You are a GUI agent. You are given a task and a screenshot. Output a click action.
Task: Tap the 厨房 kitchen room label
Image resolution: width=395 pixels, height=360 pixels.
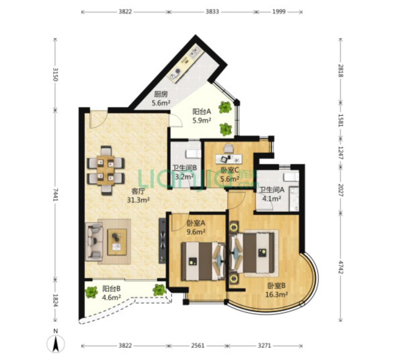click(161, 94)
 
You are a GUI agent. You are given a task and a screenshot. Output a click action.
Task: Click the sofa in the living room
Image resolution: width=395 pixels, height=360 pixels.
click(94, 242)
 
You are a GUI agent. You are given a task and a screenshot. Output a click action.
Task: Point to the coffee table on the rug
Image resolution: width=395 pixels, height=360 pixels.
click(117, 242)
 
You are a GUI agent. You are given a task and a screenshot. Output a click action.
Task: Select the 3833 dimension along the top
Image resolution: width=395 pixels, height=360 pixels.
click(212, 12)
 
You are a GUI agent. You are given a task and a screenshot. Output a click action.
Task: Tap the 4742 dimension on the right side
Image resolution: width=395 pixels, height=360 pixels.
click(341, 268)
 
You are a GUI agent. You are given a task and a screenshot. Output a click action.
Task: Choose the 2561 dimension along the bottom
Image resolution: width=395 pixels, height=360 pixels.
click(197, 345)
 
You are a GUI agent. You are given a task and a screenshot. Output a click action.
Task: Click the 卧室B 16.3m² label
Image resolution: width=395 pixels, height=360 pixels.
click(276, 290)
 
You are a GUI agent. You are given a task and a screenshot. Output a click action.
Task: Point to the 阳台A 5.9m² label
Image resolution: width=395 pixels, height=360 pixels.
click(202, 116)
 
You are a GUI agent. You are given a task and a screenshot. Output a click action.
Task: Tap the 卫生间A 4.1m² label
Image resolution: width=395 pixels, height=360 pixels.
click(272, 194)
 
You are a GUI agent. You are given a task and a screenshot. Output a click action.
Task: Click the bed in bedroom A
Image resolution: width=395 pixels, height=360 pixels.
click(203, 261)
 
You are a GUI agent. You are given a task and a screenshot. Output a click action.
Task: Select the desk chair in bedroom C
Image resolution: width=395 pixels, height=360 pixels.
click(229, 148)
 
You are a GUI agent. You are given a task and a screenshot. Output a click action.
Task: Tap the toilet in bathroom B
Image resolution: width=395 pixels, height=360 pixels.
click(193, 154)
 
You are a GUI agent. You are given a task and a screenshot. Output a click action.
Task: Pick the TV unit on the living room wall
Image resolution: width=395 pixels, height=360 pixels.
click(162, 240)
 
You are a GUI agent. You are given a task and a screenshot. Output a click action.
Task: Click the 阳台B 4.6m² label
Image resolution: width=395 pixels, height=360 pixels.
click(112, 293)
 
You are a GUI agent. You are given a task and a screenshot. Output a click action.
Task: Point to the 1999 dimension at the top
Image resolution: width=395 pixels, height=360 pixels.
click(279, 12)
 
